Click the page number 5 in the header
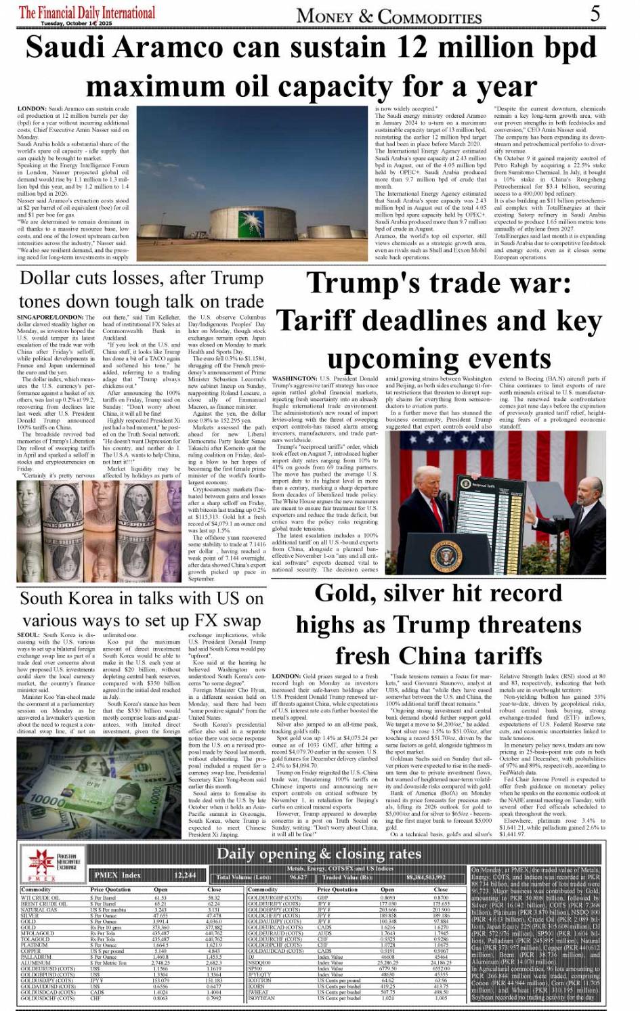[595, 13]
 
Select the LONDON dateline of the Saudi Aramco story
[31, 108]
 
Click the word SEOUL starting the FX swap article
[29, 636]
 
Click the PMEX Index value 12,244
[185, 876]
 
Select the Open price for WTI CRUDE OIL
[161, 897]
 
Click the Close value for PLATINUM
[213, 945]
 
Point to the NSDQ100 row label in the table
[260, 962]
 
